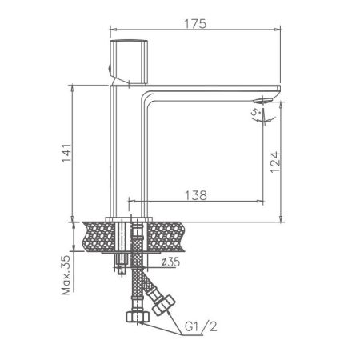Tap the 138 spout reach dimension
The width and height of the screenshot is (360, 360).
coord(198,194)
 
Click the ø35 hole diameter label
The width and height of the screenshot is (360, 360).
coord(170,262)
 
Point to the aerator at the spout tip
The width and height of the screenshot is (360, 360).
coord(265,99)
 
